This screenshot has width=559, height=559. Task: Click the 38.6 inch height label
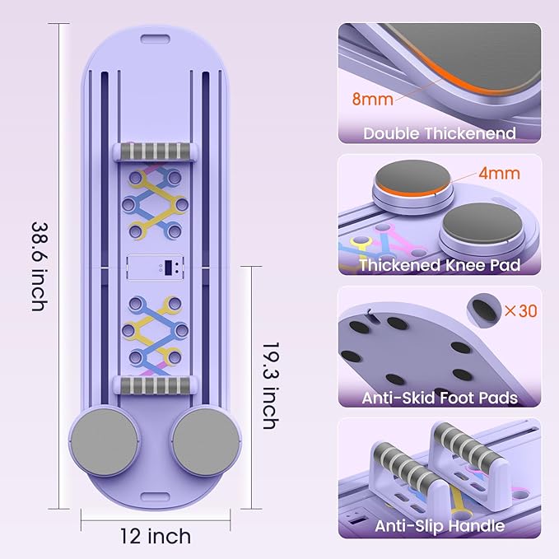tap(40, 267)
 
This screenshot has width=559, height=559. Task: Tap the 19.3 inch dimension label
tap(271, 386)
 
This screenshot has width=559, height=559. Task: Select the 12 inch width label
tap(156, 536)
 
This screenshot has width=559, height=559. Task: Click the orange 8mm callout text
tap(373, 99)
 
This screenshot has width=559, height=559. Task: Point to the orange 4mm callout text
tap(499, 173)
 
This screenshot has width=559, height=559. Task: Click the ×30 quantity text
tap(521, 311)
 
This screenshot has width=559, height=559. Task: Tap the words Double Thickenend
tap(440, 133)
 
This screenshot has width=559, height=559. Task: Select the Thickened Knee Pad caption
tap(440, 265)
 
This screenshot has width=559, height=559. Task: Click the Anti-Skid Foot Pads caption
tap(440, 398)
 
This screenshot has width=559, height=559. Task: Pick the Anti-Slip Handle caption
tap(440, 526)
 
